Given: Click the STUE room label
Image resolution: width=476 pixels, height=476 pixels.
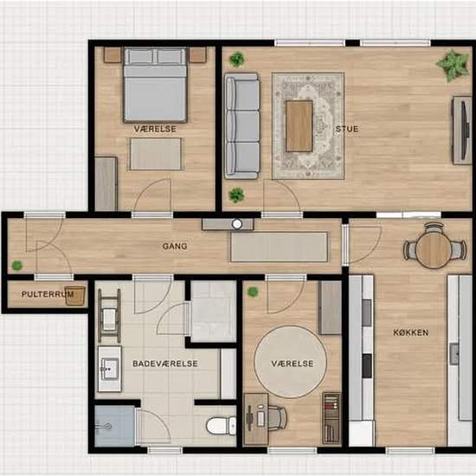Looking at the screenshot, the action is [347, 129].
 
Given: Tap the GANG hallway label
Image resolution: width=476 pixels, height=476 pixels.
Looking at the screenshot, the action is [175, 246].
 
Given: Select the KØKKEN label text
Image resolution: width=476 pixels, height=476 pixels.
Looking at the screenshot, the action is [411, 332].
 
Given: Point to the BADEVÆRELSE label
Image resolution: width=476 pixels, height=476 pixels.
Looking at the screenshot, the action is [165, 363].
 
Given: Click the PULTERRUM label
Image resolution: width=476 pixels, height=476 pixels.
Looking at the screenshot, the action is [48, 294].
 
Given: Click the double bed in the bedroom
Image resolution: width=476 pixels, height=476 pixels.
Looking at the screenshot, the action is [155, 85].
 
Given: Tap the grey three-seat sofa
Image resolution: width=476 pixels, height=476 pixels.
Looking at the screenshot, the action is [242, 125].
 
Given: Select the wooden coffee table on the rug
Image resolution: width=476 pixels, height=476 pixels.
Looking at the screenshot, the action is [299, 126].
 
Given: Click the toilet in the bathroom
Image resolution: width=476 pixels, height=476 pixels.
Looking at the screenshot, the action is [221, 426].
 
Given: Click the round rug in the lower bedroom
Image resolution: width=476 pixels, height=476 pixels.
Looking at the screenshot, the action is [291, 362].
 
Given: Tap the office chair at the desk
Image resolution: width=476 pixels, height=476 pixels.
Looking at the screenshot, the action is [275, 418].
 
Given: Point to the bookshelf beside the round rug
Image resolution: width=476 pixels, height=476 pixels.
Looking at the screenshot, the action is [331, 419].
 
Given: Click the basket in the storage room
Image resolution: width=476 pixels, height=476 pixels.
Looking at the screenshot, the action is [74, 295].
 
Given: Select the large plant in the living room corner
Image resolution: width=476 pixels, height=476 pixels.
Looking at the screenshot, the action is [453, 65].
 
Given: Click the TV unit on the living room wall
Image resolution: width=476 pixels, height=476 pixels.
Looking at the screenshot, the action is [462, 131].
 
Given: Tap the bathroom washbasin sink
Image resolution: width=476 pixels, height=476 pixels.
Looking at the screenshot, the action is [110, 369].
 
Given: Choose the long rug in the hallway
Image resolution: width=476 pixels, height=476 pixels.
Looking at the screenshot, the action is [280, 247].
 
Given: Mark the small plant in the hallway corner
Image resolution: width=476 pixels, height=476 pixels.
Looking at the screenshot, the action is [17, 266].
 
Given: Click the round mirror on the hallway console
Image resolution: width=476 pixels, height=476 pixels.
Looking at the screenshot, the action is [237, 224].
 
